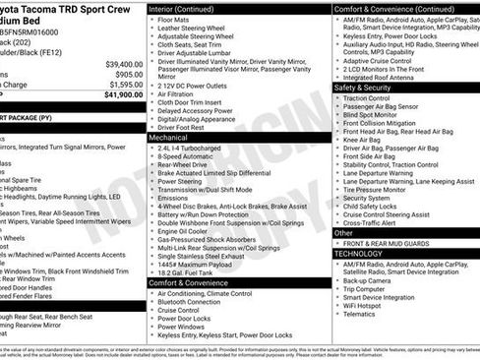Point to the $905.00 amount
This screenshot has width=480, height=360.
click(x=128, y=74)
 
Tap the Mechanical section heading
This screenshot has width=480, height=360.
click(x=168, y=138)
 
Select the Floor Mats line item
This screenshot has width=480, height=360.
click(x=175, y=19)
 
